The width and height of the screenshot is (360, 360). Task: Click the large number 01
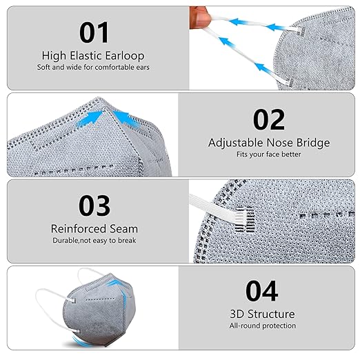94,32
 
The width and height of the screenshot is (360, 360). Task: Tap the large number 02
269,119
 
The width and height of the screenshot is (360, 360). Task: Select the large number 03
94,206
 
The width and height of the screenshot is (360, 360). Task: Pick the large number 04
262,291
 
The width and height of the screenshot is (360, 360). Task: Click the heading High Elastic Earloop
94,55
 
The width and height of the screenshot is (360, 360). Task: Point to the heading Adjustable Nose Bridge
269,143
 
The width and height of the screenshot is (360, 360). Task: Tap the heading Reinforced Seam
94,228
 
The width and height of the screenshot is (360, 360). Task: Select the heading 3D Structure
262,314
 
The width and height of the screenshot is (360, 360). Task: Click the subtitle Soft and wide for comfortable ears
94,67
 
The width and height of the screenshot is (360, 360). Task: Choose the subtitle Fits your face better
269,154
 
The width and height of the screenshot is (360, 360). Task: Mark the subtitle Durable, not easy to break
94,240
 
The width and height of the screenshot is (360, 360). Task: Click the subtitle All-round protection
262,326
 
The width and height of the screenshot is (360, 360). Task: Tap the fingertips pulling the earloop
197,14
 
